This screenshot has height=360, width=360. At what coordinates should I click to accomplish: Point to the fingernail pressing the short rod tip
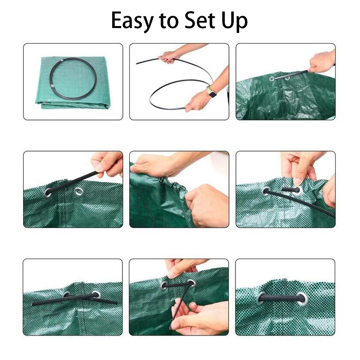(x=297, y=182)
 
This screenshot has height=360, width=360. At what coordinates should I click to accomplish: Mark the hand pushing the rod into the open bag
(x=321, y=62)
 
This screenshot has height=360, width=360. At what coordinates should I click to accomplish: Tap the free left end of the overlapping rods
(x=35, y=304)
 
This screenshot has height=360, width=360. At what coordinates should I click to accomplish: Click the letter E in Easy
(x=118, y=21)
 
